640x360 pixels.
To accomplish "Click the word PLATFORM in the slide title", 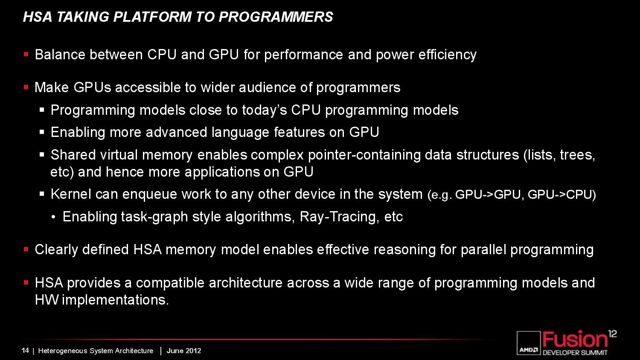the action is (x=152, y=17).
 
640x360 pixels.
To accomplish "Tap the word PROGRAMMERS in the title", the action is (x=276, y=17).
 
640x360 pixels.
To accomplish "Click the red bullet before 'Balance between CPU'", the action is (x=26, y=54).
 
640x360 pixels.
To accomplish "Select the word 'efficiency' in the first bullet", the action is (x=448, y=55).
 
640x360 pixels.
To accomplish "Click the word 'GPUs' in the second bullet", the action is (x=92, y=87).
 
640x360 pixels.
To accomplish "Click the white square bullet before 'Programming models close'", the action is (x=42, y=110).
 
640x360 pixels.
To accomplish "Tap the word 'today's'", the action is (x=265, y=110).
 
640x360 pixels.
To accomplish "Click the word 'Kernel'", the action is (x=71, y=194).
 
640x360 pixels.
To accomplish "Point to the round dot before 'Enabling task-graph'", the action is (x=53, y=218).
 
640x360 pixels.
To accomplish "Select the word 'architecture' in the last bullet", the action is (x=246, y=283).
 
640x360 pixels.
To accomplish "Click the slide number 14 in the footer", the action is (x=25, y=351).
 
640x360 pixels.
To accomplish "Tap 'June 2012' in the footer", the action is (x=184, y=351).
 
